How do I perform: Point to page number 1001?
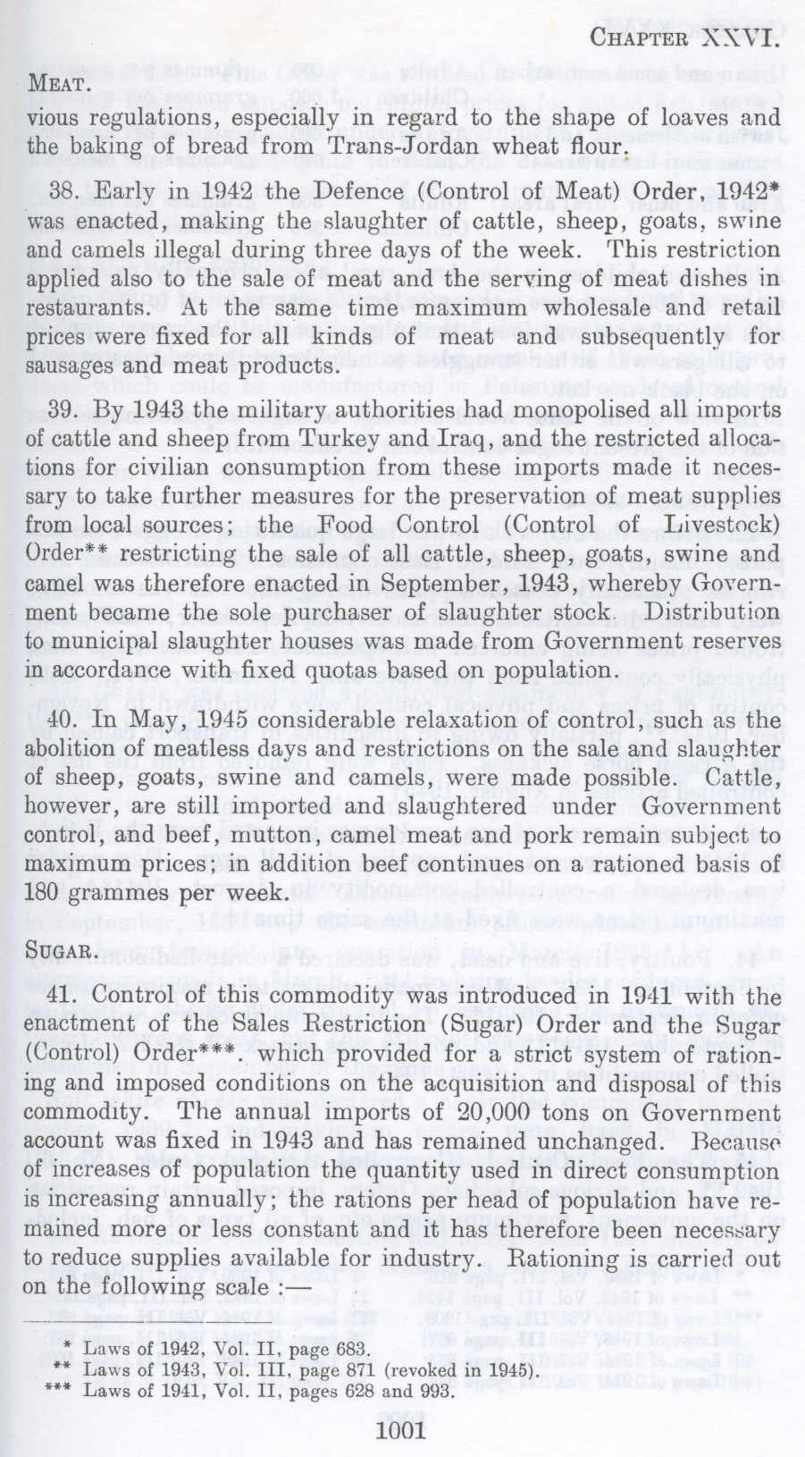coord(402,1431)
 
